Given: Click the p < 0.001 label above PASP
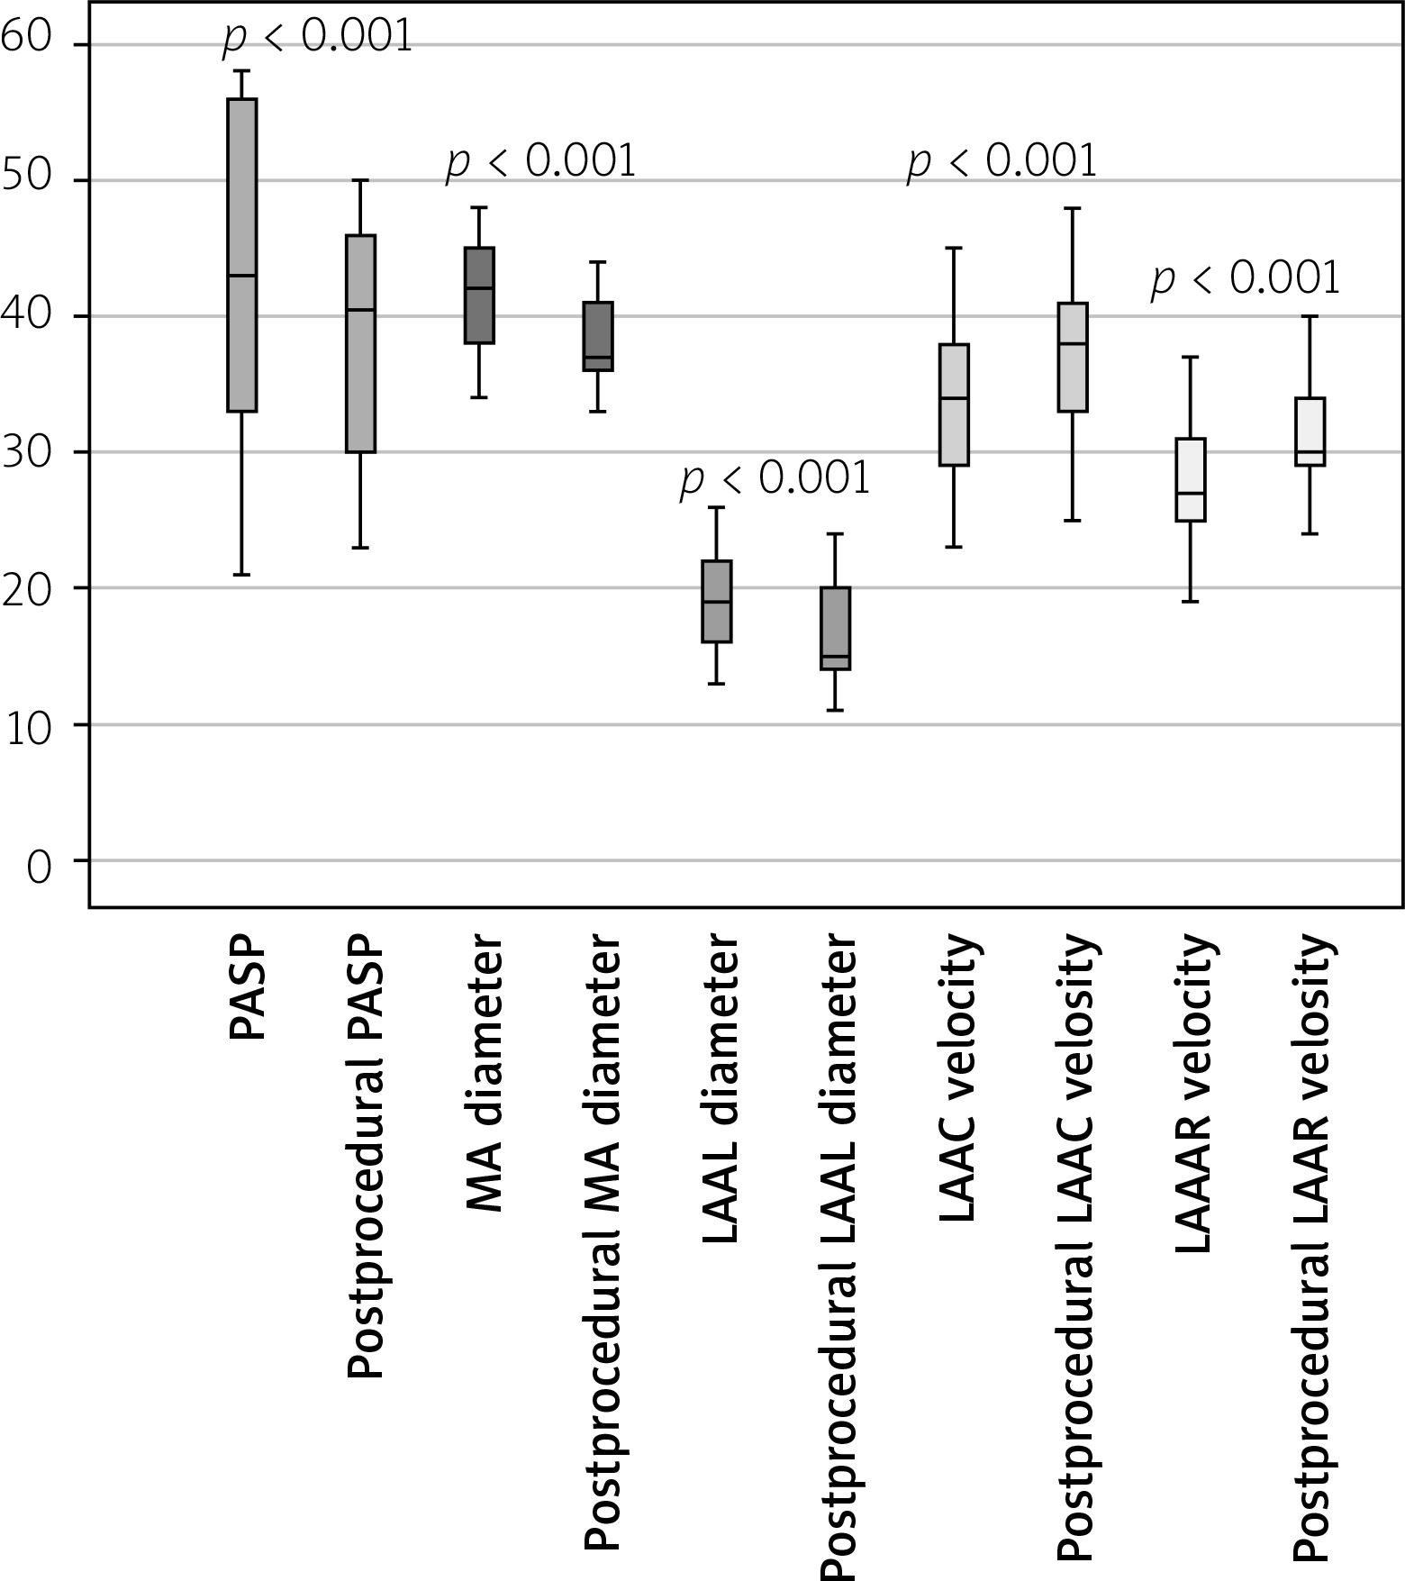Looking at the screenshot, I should tap(317, 38).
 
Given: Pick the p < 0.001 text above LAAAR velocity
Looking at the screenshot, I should tap(1246, 278).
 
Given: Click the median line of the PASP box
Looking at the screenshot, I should tap(242, 276).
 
